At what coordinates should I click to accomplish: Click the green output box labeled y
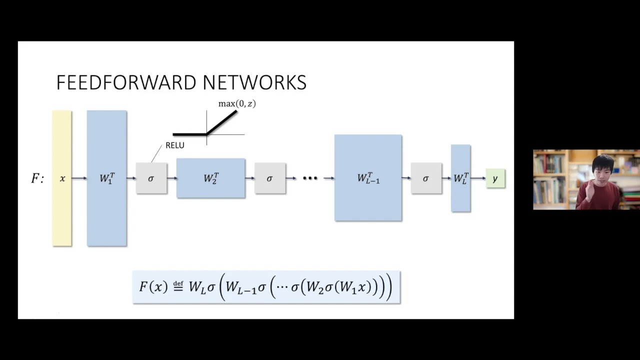pyautogui.click(x=495, y=178)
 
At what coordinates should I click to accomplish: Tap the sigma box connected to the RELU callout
pyautogui.click(x=151, y=178)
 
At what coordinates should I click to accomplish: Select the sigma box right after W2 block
pyautogui.click(x=270, y=178)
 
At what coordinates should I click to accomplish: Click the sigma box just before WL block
pyautogui.click(x=426, y=178)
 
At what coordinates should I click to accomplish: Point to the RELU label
pyautogui.click(x=175, y=145)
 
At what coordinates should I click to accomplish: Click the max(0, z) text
pyautogui.click(x=237, y=104)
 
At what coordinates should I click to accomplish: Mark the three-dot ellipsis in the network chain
pyautogui.click(x=310, y=178)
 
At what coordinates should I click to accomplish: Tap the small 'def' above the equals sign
pyautogui.click(x=178, y=283)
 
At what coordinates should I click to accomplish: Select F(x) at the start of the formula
pyautogui.click(x=153, y=287)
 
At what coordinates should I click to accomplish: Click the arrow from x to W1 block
pyautogui.click(x=79, y=178)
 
